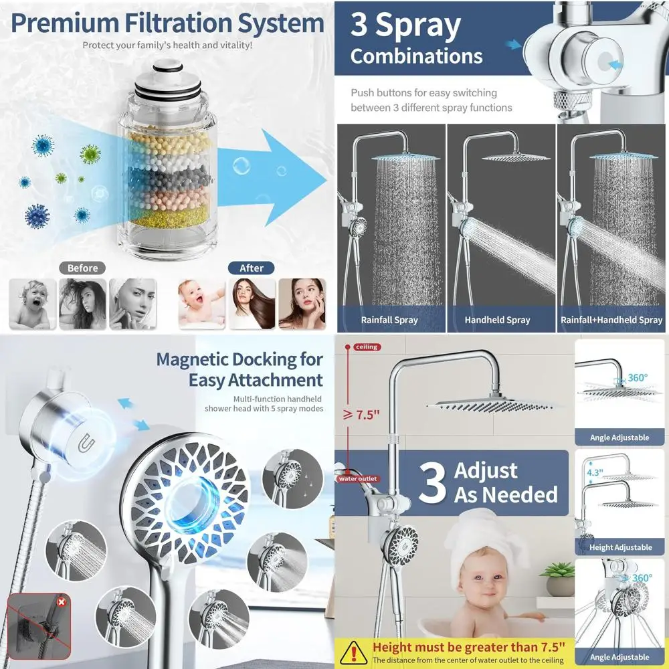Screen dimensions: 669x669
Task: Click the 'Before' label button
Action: point(82,268)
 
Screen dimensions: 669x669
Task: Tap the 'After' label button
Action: point(252,268)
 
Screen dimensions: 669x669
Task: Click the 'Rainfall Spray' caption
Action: point(389,320)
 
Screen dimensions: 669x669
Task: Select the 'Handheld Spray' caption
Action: point(497,320)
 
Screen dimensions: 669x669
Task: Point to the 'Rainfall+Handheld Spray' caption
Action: point(611,320)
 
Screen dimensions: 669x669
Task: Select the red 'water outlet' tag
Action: point(358,478)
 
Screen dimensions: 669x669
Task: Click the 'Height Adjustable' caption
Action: point(620,547)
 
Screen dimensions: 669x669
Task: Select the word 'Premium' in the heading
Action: point(64,23)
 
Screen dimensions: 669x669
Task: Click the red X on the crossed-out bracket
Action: point(62,601)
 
